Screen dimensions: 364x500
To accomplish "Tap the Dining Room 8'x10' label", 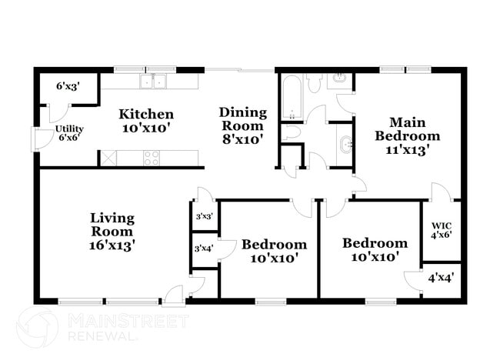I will click(x=242, y=125).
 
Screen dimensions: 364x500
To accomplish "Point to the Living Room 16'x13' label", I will click(x=112, y=232).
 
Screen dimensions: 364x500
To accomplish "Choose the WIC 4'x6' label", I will click(x=441, y=229).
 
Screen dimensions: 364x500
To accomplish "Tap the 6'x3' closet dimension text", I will click(x=68, y=88).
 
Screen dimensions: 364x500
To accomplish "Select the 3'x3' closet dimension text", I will click(x=204, y=217).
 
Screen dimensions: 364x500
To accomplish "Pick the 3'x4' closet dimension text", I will click(x=204, y=248).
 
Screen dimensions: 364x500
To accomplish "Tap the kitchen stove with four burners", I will click(x=152, y=159).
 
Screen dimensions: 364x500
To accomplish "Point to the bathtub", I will click(x=292, y=97).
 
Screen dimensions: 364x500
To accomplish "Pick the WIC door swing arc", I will click(x=438, y=191).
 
